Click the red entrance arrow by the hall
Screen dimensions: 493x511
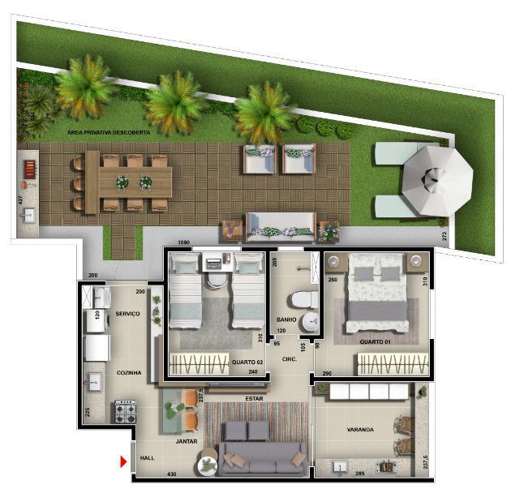point(123,462)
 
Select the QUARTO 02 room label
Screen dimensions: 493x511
point(246,362)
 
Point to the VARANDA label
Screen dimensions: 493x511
point(361,430)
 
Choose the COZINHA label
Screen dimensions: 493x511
point(129,373)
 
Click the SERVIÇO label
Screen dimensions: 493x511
point(129,313)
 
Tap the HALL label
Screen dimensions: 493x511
point(146,458)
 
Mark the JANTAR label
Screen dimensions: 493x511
point(187,442)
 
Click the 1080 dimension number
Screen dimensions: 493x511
point(183,242)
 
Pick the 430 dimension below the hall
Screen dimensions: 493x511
point(171,474)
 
